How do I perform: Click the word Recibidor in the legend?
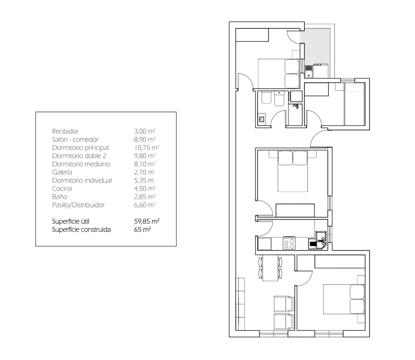point(65,131)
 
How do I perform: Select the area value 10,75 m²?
point(147,147)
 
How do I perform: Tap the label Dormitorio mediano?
point(81,164)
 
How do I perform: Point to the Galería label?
point(62,172)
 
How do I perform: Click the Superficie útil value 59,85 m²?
point(147,221)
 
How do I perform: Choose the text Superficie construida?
point(81,229)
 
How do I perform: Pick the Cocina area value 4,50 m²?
point(145,188)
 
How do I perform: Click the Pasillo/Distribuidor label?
point(78,205)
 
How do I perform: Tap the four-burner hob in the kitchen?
point(289,244)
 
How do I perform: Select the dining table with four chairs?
point(270,268)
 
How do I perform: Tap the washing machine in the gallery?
point(321,71)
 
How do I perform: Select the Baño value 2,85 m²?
point(145,197)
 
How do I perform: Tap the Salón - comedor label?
point(75,139)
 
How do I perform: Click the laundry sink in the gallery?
point(309,71)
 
